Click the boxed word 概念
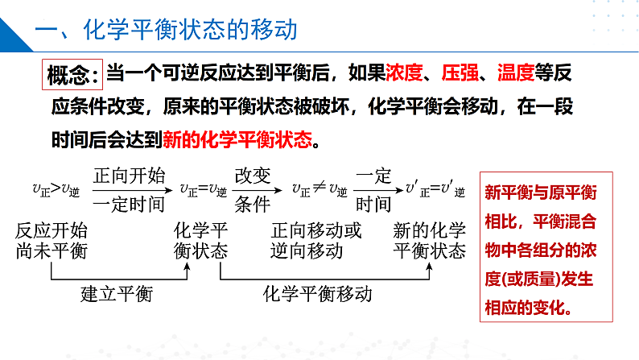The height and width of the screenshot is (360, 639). point(72,75)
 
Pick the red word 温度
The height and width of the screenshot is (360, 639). point(516,74)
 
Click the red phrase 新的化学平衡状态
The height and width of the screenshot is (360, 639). point(237,139)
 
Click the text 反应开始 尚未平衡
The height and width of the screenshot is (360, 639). point(51,240)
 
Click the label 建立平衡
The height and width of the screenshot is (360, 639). point(117,293)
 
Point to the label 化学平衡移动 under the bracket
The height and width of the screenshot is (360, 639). point(318,293)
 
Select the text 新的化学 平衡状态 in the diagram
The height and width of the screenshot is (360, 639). point(429,240)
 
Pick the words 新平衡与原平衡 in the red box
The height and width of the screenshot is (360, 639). point(541,192)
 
